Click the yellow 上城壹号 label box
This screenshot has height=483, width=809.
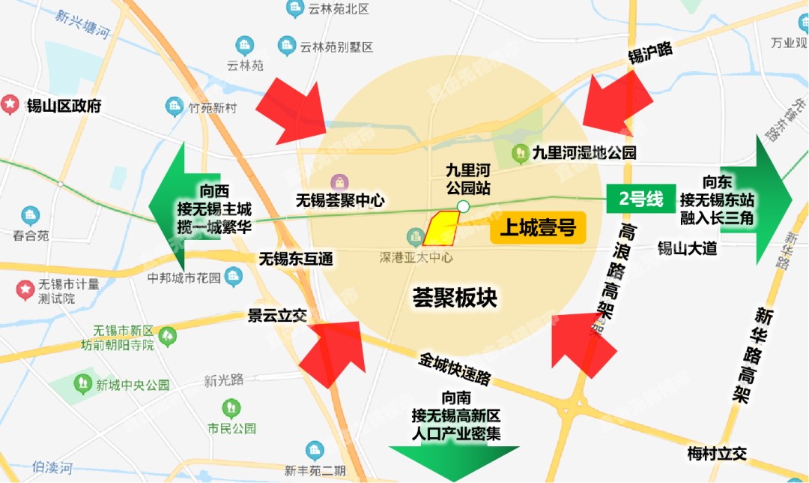[537, 228]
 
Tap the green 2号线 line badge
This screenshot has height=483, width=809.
[641, 199]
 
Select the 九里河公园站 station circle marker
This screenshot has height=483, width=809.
[463, 206]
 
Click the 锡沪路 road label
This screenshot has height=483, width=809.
[650, 52]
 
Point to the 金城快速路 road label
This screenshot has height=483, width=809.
[455, 367]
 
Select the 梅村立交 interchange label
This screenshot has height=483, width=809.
[717, 453]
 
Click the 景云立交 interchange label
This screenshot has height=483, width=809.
[277, 316]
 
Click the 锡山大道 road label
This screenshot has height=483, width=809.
[687, 248]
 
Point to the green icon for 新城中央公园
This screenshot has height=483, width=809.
[83, 385]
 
